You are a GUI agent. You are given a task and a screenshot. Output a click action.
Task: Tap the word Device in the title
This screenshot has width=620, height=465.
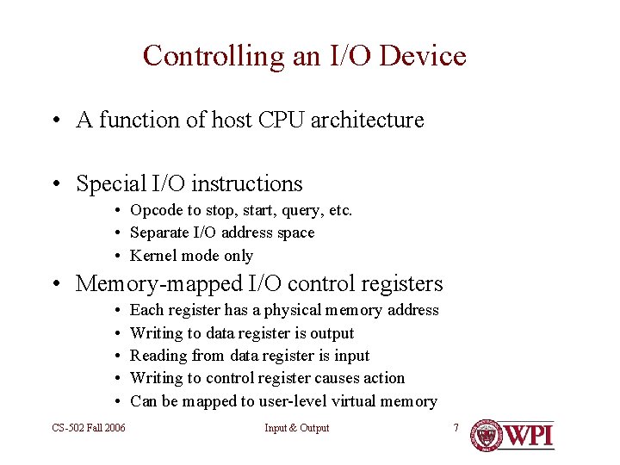[x=423, y=56]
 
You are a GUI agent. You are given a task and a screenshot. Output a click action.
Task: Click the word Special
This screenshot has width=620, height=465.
[x=111, y=184]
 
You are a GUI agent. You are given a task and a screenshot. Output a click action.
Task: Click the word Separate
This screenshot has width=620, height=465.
[x=159, y=232]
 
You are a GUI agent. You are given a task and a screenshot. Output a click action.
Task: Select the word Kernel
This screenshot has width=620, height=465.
[x=153, y=256]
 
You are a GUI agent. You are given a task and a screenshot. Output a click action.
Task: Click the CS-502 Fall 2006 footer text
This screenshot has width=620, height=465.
[x=88, y=428]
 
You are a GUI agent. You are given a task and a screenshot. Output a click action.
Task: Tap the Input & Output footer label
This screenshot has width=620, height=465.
[x=296, y=428]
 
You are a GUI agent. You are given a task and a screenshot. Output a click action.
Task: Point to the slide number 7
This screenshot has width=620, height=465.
[x=456, y=427]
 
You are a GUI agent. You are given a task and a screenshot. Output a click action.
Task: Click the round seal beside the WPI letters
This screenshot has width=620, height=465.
[x=487, y=436]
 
